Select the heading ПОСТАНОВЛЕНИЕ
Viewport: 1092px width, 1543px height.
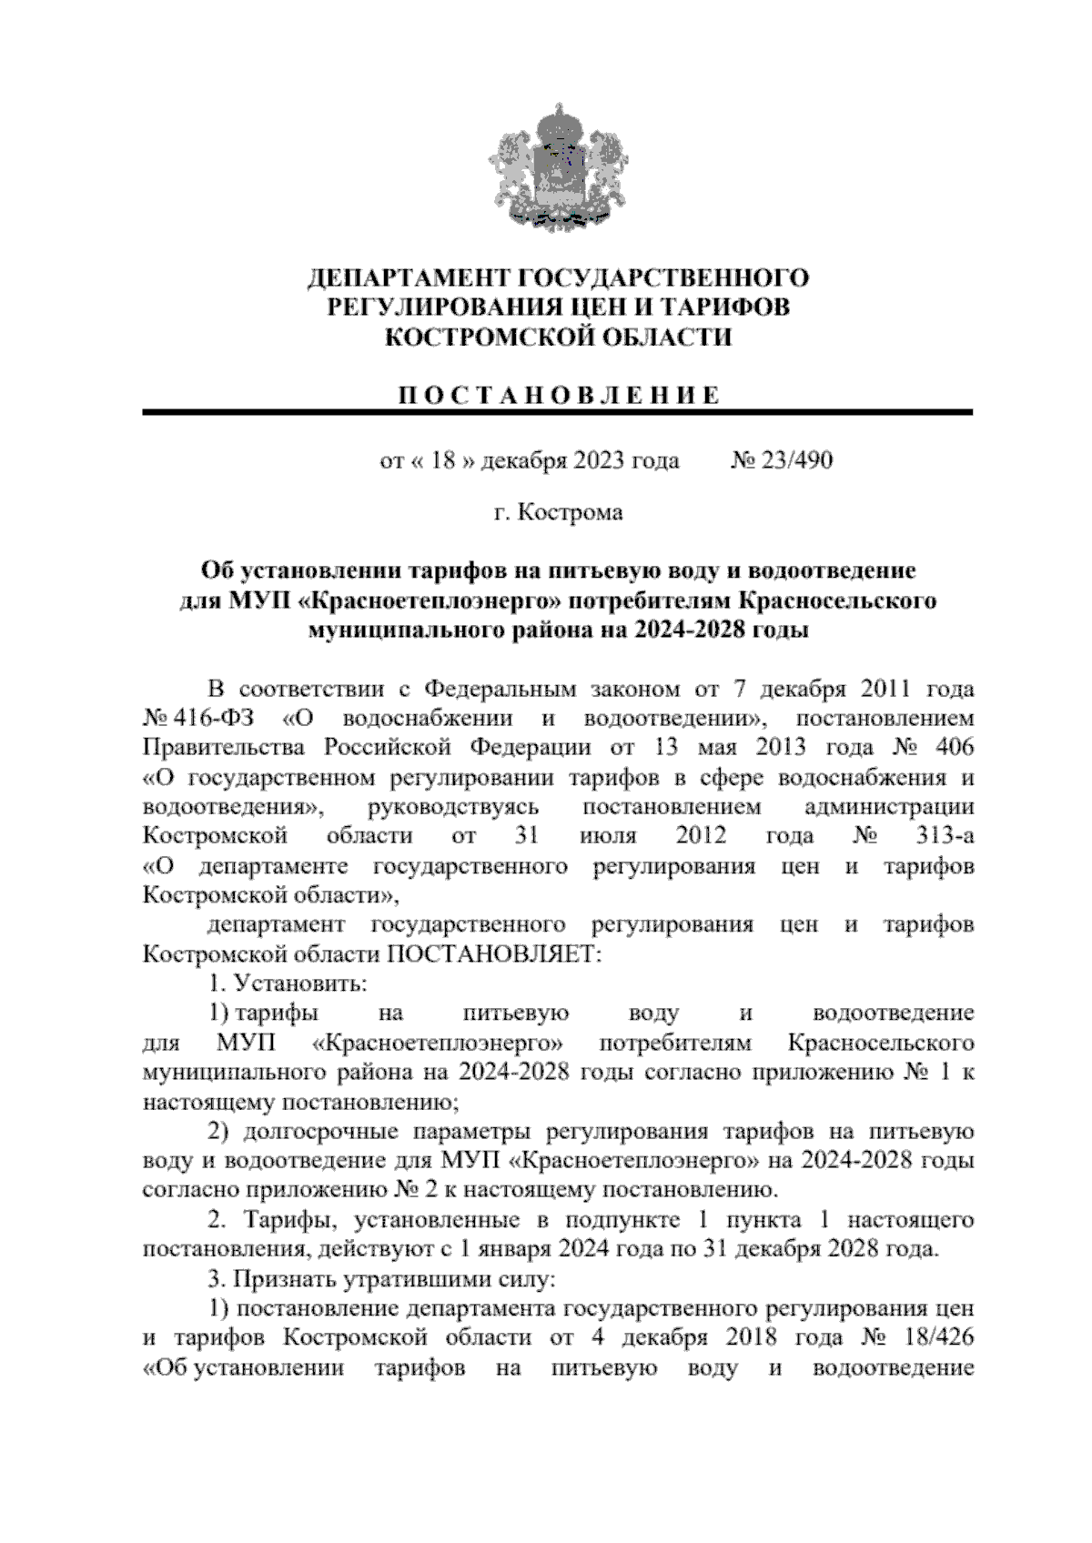click(x=558, y=395)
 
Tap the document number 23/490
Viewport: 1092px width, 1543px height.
click(x=797, y=460)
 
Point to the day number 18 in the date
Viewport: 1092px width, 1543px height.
click(x=442, y=460)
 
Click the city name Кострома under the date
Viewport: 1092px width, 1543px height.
click(x=571, y=513)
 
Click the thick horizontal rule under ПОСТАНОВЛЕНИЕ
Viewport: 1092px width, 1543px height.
click(x=558, y=413)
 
